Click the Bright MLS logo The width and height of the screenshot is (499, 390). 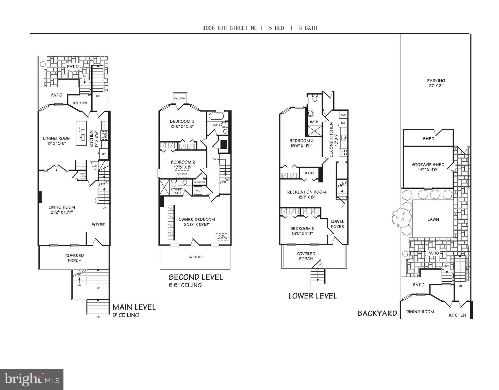click(x=31, y=379)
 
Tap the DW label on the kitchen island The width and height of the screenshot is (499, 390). click(x=82, y=130)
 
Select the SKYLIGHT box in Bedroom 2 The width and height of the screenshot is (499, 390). click(x=182, y=174)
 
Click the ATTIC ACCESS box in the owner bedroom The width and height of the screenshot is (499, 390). click(x=222, y=237)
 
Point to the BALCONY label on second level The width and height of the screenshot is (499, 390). click(x=180, y=99)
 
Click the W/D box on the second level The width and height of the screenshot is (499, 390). click(x=197, y=191)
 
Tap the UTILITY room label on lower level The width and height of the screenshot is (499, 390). click(x=309, y=173)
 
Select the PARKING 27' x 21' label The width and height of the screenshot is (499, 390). click(x=436, y=83)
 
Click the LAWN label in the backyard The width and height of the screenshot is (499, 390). click(x=433, y=219)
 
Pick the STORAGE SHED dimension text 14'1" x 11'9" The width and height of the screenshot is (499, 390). click(x=428, y=170)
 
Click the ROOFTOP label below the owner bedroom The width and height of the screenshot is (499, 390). click(x=196, y=257)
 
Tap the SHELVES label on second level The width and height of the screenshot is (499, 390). click(x=199, y=182)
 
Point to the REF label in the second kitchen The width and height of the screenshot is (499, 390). click(x=343, y=123)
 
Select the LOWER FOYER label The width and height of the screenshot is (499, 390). click(x=337, y=224)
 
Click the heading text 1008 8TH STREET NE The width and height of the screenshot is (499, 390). click(x=230, y=28)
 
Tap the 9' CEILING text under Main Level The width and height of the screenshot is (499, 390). click(x=126, y=315)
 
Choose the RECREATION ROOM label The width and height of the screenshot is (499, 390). click(x=306, y=192)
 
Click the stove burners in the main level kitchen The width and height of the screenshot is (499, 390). click(x=104, y=135)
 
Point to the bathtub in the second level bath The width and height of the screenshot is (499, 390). click(x=216, y=117)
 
